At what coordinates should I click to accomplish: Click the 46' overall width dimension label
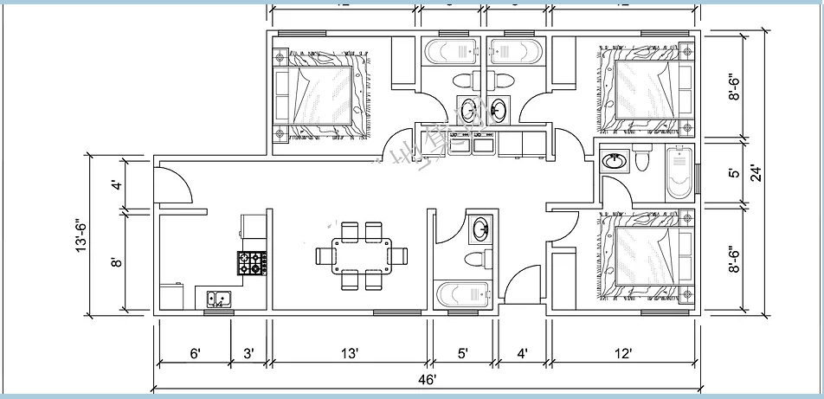(x=427, y=378)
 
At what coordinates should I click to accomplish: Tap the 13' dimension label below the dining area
(x=349, y=353)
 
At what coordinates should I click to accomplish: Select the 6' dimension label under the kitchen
(x=196, y=353)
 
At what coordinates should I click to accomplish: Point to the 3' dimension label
(x=248, y=353)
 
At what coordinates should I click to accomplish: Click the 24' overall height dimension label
(x=755, y=172)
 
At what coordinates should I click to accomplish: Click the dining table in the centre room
(x=362, y=255)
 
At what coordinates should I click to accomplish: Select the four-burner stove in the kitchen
(x=251, y=262)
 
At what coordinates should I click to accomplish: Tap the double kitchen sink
(x=220, y=299)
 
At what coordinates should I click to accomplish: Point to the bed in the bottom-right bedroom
(x=645, y=257)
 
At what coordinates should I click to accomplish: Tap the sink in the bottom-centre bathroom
(x=481, y=230)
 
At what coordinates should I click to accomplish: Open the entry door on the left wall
(x=171, y=183)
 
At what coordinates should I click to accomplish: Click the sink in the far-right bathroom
(x=615, y=160)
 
